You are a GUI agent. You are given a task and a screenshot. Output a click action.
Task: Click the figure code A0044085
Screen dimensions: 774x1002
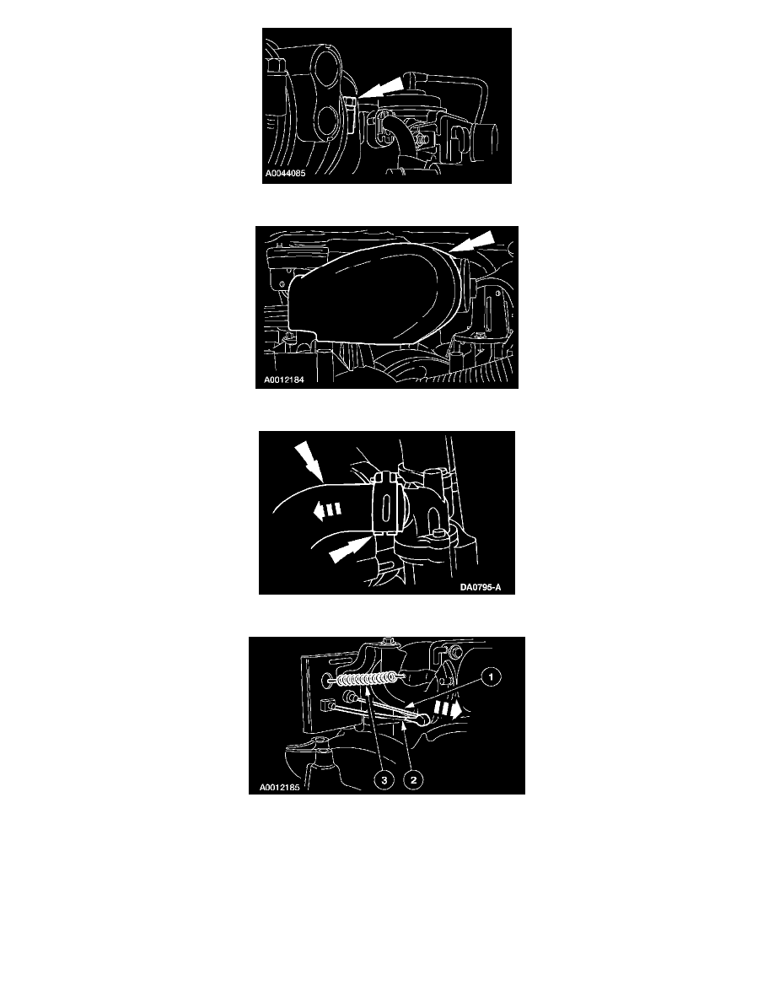(x=286, y=173)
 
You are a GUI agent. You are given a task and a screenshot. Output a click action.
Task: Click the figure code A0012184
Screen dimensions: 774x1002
(x=283, y=380)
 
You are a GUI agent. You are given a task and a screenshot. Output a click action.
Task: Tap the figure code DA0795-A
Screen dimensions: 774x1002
(x=481, y=587)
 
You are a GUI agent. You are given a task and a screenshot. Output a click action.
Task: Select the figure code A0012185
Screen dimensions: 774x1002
(x=279, y=787)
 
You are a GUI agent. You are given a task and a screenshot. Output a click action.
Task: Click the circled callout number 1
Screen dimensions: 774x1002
(x=491, y=676)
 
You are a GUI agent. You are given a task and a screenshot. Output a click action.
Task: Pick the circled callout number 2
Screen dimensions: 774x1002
(x=413, y=779)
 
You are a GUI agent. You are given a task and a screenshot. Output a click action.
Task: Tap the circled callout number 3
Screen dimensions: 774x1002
(x=384, y=779)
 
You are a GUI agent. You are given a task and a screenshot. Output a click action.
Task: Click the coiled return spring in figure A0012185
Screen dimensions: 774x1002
(x=364, y=680)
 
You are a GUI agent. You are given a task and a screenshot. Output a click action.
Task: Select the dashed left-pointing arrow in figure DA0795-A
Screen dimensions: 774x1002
(x=327, y=509)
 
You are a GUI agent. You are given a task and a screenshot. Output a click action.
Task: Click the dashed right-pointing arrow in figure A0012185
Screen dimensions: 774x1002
(x=448, y=708)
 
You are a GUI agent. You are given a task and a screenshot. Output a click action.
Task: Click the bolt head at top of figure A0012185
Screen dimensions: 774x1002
(x=386, y=641)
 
